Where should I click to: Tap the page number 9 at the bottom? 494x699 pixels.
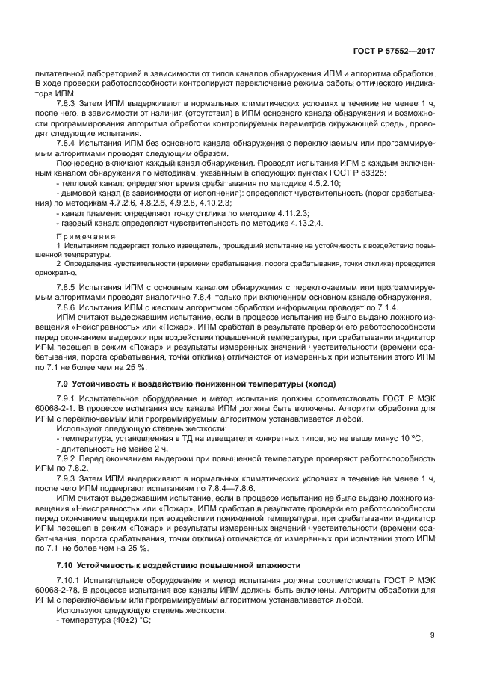(x=433, y=636)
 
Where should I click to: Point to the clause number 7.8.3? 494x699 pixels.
(x=69, y=102)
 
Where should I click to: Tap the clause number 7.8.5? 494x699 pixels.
(x=69, y=287)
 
